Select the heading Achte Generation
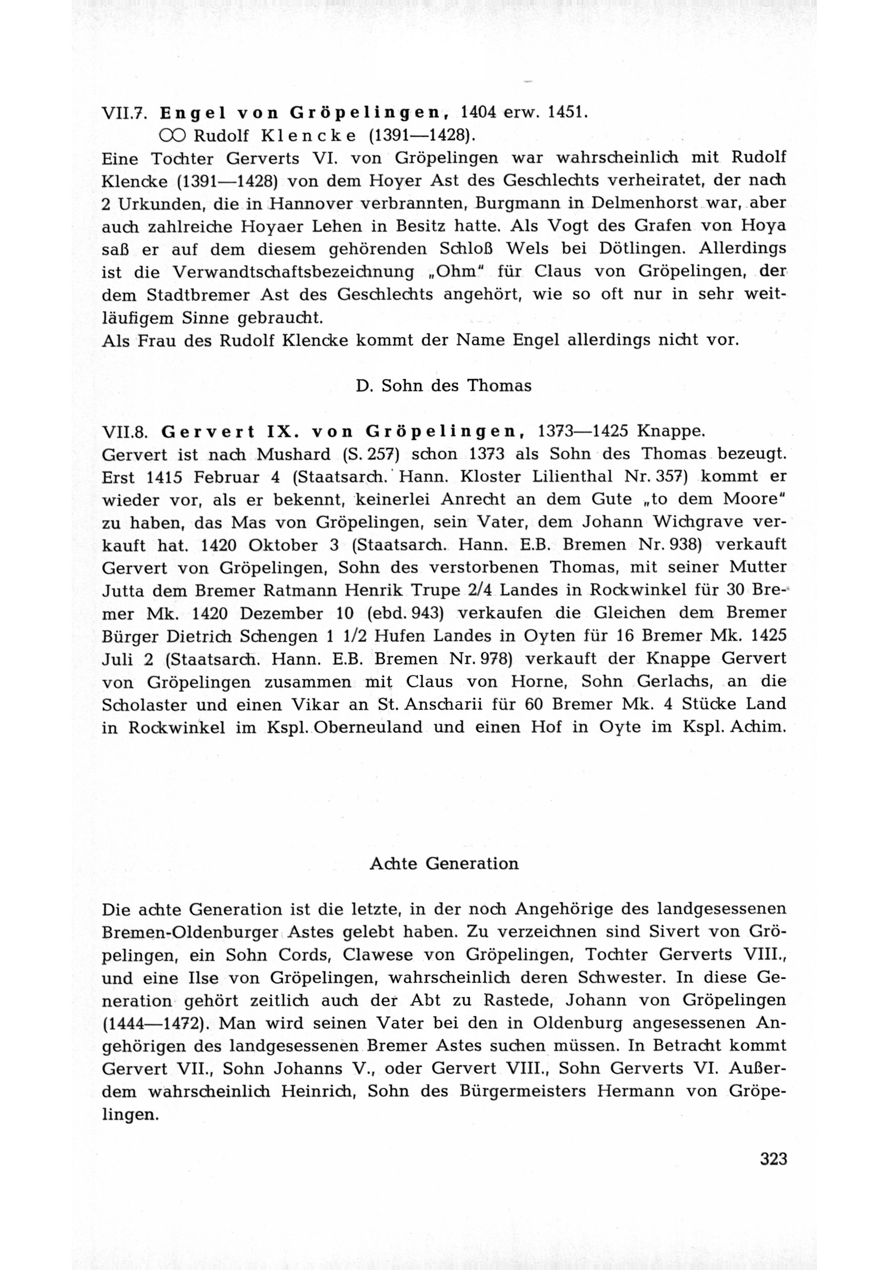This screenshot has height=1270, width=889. [x=443, y=864]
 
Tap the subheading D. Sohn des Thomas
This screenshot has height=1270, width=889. [x=443, y=386]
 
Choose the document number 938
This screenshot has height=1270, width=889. [x=685, y=545]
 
